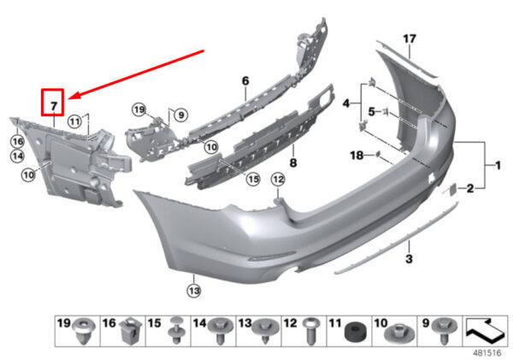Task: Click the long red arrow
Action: click(x=137, y=73)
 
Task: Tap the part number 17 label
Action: click(x=409, y=38)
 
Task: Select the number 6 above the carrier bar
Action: click(x=245, y=81)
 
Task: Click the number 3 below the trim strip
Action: click(x=409, y=258)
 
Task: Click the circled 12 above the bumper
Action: click(x=277, y=179)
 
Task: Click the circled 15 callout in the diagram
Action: click(x=252, y=179)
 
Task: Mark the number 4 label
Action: click(x=347, y=103)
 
